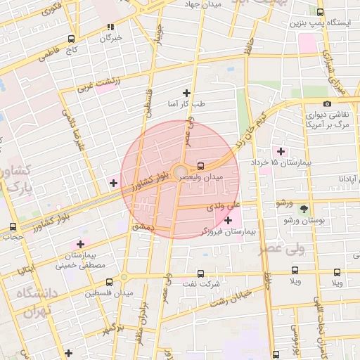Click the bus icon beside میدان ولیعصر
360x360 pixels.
[202, 167]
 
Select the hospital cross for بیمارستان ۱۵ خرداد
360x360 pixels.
[281, 151]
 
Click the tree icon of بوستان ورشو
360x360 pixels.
[304, 210]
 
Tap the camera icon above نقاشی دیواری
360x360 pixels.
[326, 104]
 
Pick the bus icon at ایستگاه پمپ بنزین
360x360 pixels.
[321, 13]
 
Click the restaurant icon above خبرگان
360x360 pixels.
[110, 27]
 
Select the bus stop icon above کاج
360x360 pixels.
[71, 39]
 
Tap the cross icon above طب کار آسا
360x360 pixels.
[186, 93]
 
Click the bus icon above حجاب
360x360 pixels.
[13, 226]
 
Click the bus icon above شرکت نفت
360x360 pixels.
[200, 273]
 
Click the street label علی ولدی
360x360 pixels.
[224, 207]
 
